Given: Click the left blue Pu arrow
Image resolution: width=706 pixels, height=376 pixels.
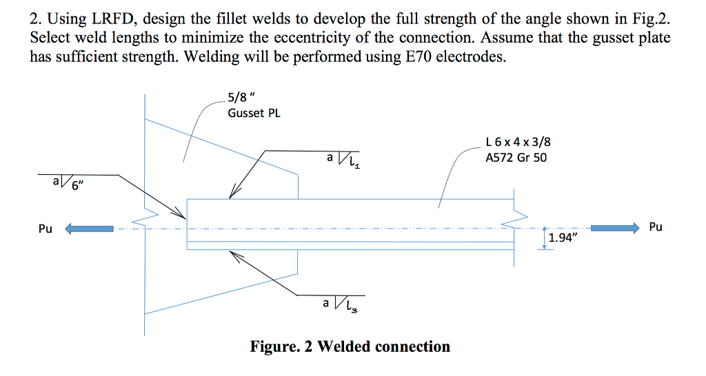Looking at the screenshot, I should (89, 229).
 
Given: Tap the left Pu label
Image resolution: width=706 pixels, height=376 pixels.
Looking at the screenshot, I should (46, 229).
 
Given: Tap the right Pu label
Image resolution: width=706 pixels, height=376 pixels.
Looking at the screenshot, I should (656, 227).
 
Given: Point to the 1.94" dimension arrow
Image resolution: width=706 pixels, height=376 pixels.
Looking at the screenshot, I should (545, 238).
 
